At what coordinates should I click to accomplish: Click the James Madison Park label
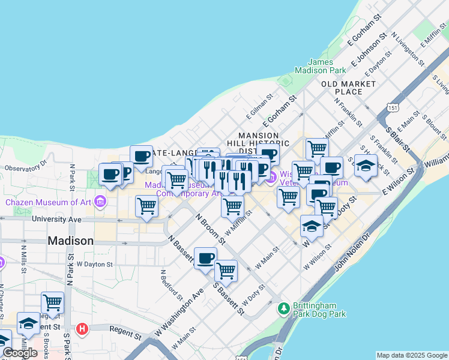click(x=328, y=66)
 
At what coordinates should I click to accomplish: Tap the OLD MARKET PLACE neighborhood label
click(x=349, y=88)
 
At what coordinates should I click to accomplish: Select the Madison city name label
click(x=70, y=241)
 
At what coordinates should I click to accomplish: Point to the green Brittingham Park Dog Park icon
click(x=284, y=308)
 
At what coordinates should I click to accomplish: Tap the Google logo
click(x=20, y=353)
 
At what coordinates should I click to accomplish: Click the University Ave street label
click(x=57, y=220)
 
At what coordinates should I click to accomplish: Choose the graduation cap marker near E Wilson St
click(x=366, y=166)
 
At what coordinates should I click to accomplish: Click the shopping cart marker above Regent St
click(x=53, y=302)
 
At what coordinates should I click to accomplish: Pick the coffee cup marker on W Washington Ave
click(x=205, y=258)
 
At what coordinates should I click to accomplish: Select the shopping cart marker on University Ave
click(x=146, y=206)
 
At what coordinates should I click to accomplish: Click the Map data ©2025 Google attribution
click(x=412, y=355)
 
